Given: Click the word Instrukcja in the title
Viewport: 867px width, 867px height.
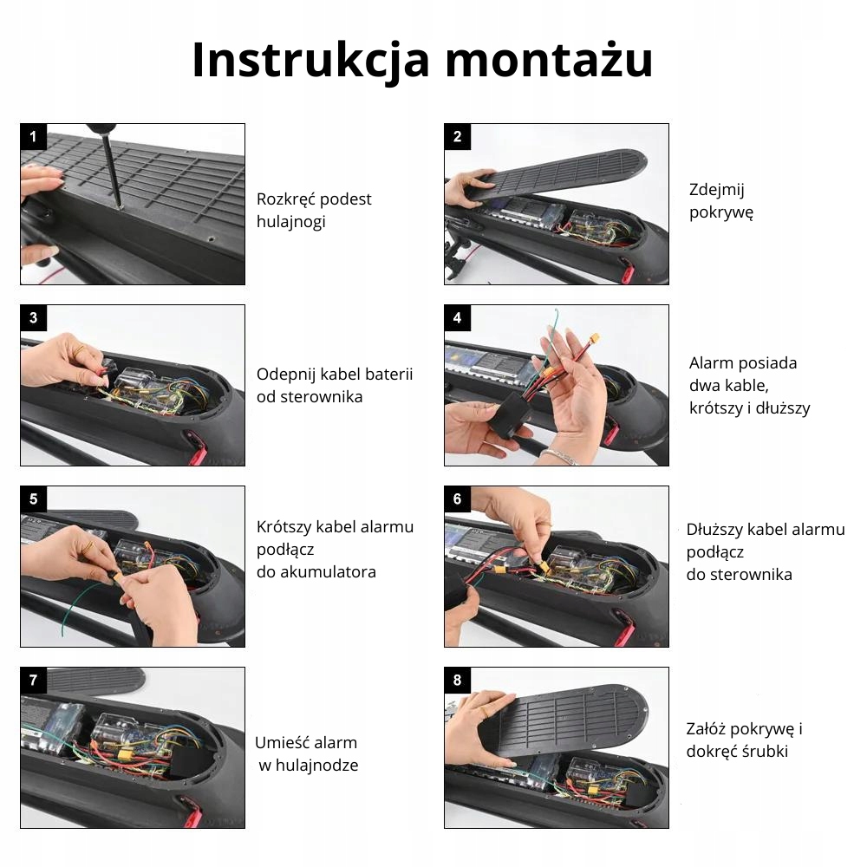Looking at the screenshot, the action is [310, 60].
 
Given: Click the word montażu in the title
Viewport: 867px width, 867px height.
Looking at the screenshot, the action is [549, 60].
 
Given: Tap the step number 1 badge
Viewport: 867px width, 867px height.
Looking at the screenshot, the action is [33, 137].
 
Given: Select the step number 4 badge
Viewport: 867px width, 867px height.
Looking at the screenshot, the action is [457, 318].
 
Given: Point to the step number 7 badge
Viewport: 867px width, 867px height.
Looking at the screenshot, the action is [33, 680].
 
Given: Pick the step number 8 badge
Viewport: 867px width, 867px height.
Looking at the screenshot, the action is [457, 680].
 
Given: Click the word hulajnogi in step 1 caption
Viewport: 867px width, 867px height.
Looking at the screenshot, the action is [290, 222].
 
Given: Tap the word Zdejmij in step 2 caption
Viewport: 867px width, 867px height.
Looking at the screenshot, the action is [717, 190].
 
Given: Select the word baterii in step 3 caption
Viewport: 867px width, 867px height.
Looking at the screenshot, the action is [388, 375].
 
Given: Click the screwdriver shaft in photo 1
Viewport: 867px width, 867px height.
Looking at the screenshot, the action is [113, 172].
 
